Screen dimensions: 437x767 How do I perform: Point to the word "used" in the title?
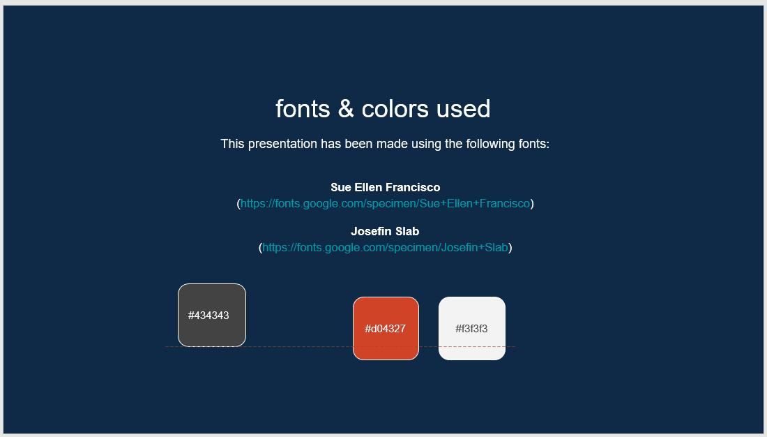[463, 109]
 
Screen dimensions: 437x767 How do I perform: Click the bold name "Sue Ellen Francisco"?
[385, 187]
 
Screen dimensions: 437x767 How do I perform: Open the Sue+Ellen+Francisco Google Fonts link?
[385, 204]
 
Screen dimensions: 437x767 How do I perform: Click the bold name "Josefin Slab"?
[385, 231]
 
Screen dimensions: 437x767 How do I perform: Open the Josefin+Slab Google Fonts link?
[385, 247]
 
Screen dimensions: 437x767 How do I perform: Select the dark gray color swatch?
[212, 297]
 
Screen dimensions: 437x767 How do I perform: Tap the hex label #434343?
[208, 316]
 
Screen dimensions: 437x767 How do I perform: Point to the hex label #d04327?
[385, 329]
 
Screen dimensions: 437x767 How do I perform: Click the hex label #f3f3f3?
[471, 329]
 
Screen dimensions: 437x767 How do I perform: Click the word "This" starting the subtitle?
[233, 144]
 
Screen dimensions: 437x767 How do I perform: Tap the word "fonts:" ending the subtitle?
[533, 144]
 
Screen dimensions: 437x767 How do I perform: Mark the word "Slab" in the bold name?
[407, 231]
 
